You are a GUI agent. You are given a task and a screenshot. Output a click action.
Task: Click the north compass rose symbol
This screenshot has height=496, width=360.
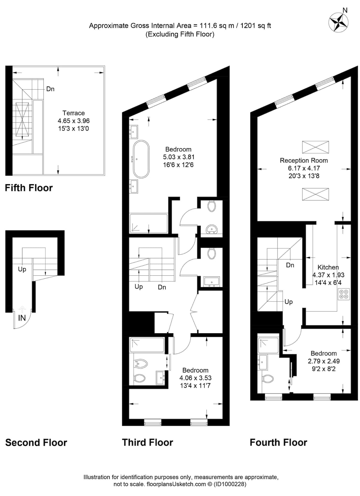tap(338, 22)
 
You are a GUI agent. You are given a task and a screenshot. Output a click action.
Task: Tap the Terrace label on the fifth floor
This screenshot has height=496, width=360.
tap(74, 113)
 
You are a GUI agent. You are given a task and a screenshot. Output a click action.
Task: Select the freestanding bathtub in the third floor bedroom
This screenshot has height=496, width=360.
tap(141, 159)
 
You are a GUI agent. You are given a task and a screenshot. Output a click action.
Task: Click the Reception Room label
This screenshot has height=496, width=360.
tap(304, 160)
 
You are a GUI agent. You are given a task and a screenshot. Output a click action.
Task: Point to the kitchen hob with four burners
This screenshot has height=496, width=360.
tap(343, 294)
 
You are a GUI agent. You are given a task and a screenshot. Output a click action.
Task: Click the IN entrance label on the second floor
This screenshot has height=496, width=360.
tap(22, 318)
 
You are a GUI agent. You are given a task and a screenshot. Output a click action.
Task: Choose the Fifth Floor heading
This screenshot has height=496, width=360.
tap(29, 188)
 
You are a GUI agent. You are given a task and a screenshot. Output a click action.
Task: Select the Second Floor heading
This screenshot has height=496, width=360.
tap(36, 443)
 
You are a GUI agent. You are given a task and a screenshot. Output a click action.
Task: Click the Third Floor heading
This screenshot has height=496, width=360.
tap(147, 442)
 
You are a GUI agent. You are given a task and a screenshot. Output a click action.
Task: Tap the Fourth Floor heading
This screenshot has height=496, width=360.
tap(278, 443)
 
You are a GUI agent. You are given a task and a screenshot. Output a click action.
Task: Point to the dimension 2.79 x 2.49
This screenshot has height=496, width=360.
tap(323, 361)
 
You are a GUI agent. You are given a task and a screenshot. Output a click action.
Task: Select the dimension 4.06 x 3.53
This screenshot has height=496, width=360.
tap(195, 378)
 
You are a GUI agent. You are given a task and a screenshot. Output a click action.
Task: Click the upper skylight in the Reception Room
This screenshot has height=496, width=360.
tap(315, 147)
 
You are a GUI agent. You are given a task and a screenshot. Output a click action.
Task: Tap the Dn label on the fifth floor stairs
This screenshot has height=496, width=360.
tap(50, 89)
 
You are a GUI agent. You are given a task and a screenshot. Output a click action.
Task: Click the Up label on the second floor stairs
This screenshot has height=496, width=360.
tap(22, 269)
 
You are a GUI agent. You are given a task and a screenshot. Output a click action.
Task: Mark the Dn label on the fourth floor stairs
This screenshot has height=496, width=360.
tap(290, 265)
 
